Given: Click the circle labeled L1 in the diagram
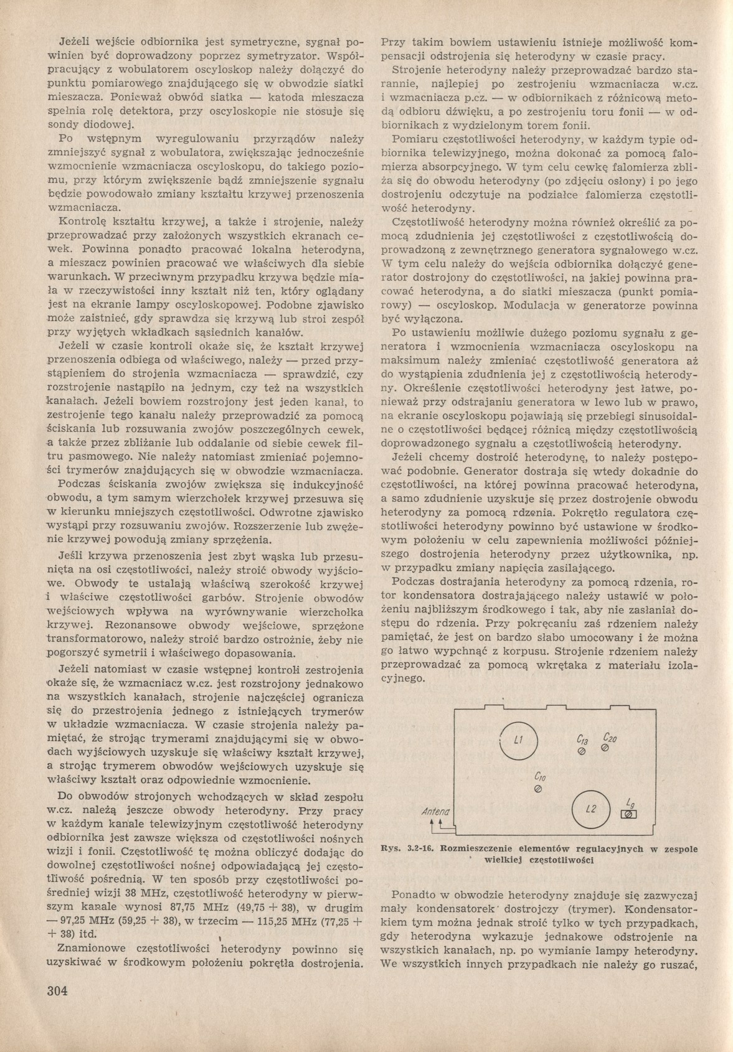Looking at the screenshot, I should pos(518,740).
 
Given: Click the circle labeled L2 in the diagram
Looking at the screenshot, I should pos(591,809).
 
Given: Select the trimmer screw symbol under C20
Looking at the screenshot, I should pos(604,748).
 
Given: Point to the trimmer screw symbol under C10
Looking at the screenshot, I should pos(538,789).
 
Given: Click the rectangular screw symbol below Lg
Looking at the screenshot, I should pos(629,815).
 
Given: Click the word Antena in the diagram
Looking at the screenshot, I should pos(435,812).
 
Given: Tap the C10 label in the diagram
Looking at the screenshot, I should pos(539,777).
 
